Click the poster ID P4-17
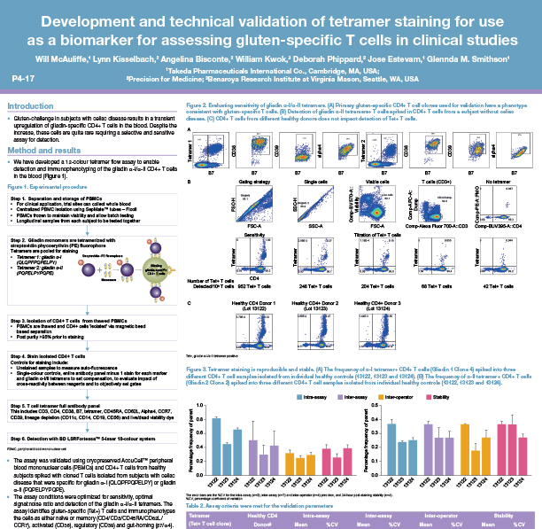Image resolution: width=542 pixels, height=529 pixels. [x=23, y=78]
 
